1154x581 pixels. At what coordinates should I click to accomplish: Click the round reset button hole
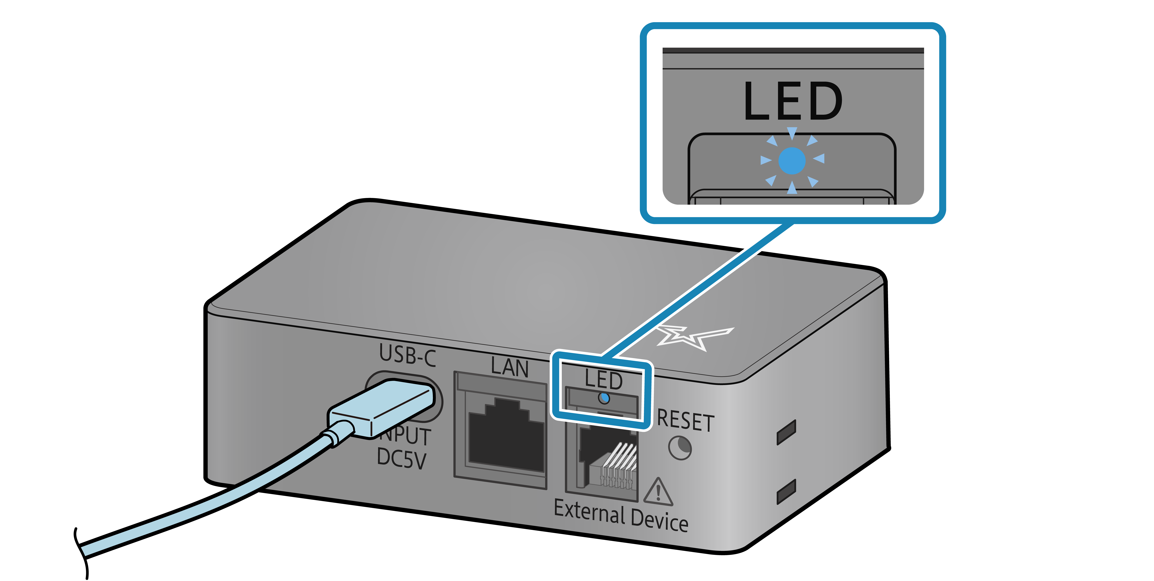[x=680, y=448]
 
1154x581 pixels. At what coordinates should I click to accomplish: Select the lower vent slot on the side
[x=786, y=491]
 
